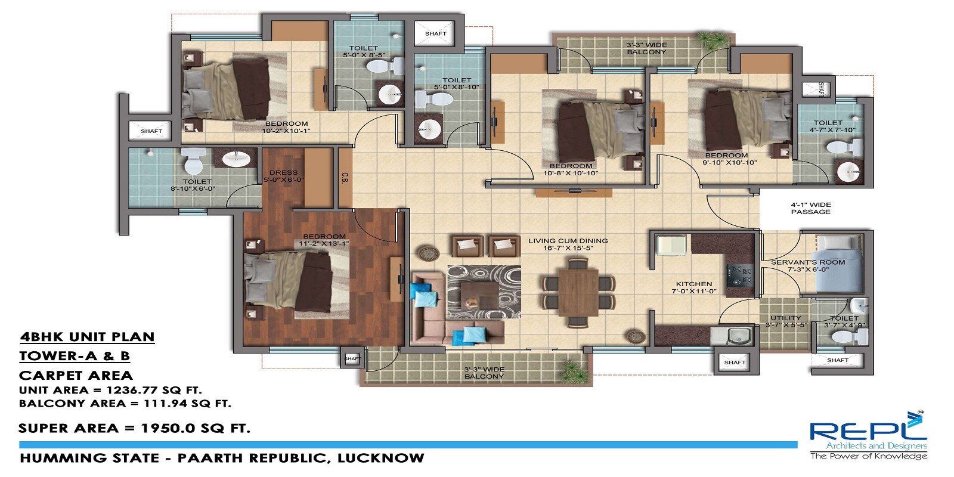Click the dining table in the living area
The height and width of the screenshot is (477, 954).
point(578,292)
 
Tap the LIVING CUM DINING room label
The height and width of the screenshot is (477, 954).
point(568,244)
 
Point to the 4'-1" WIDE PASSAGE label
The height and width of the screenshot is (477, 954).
point(810,208)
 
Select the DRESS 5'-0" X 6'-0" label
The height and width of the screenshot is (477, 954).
point(283,176)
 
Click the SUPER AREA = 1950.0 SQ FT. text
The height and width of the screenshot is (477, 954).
point(134,428)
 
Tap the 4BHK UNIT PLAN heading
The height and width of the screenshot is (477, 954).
point(87,337)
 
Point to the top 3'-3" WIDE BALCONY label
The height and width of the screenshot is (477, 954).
point(646,48)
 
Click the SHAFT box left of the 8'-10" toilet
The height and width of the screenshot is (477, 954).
point(151,131)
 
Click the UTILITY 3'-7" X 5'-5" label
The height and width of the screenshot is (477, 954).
point(786,321)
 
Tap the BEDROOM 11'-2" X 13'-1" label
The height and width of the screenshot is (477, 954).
point(324,240)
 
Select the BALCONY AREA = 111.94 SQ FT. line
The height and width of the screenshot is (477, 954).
point(125,404)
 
